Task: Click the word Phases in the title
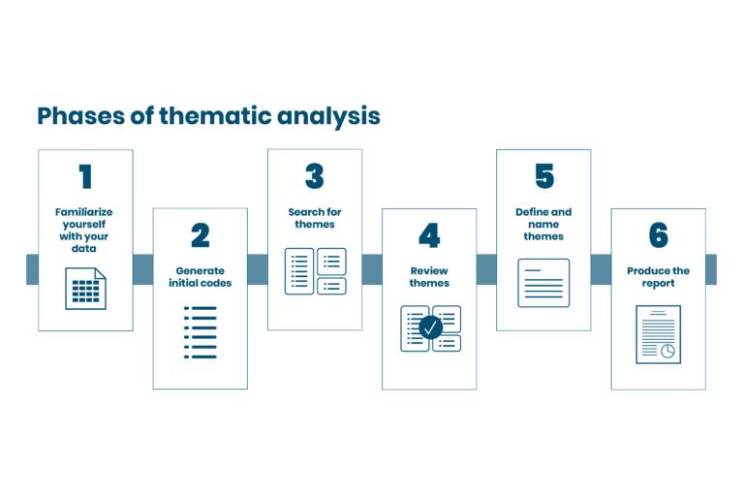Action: [x=81, y=116]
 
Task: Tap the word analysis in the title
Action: [x=328, y=117]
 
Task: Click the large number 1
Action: [x=85, y=176]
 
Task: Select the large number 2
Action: [x=201, y=235]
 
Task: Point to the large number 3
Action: [x=315, y=176]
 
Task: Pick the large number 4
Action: [x=429, y=235]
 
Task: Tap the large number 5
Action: [x=544, y=176]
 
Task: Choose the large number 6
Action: [x=658, y=235]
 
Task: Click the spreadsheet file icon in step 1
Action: [x=85, y=289]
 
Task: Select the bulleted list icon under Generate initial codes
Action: [x=201, y=332]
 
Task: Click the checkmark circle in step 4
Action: [x=430, y=327]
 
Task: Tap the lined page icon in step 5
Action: [x=543, y=283]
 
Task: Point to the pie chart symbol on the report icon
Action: [x=667, y=351]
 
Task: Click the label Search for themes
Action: [x=315, y=218]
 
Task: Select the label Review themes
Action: [x=429, y=277]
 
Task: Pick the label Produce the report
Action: [x=658, y=277]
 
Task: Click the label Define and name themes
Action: [x=543, y=224]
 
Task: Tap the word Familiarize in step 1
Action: [x=84, y=212]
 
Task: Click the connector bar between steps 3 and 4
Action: [x=372, y=269]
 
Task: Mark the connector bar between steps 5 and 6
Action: [x=602, y=269]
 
